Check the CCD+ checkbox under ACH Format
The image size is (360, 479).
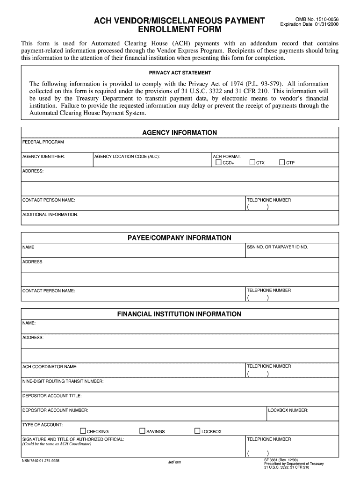(x=218, y=163)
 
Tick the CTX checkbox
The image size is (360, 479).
(x=252, y=163)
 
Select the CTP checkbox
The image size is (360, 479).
(x=282, y=163)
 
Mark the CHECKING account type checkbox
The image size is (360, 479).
(x=83, y=431)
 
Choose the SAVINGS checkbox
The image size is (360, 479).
(x=142, y=431)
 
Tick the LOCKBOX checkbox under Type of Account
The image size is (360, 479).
(x=197, y=431)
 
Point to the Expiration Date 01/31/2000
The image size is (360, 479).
(x=309, y=24)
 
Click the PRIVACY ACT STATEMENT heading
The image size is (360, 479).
(x=180, y=73)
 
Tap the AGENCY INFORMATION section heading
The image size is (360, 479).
(x=180, y=133)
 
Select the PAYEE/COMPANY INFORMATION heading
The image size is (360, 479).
(x=180, y=238)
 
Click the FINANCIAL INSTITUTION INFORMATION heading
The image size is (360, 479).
(x=180, y=314)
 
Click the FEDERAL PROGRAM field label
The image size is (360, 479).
(x=43, y=142)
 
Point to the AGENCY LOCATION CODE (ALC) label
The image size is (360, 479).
(x=127, y=156)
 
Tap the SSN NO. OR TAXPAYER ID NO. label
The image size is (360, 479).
(x=277, y=247)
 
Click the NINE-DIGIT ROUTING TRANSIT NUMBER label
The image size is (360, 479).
(x=63, y=381)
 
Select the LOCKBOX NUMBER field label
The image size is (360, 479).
(x=288, y=410)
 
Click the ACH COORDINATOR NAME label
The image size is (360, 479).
(x=50, y=367)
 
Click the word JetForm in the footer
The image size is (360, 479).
(x=174, y=463)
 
